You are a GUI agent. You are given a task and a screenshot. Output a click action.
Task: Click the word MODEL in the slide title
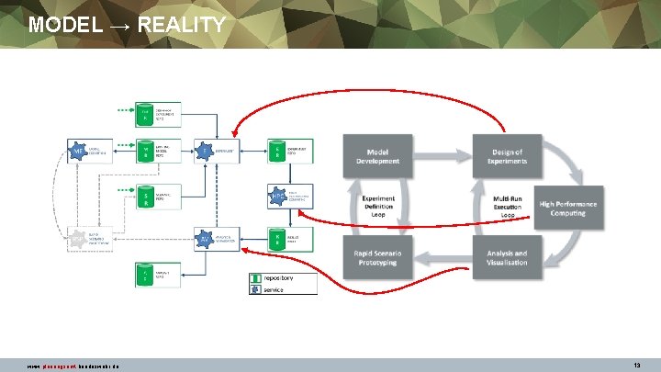(64, 25)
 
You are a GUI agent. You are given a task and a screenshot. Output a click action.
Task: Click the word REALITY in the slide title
(181, 25)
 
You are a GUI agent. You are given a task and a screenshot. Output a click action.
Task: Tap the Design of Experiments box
(508, 156)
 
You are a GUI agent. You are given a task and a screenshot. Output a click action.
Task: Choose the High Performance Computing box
(568, 209)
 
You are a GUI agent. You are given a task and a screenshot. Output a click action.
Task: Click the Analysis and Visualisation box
(508, 257)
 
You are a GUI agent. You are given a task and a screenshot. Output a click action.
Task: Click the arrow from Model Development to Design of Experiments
(443, 156)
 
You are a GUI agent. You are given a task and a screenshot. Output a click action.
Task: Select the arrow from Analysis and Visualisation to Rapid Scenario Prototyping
(443, 257)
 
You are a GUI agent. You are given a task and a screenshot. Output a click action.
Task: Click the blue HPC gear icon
(279, 195)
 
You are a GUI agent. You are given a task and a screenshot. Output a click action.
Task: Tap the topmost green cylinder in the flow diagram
(144, 113)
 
